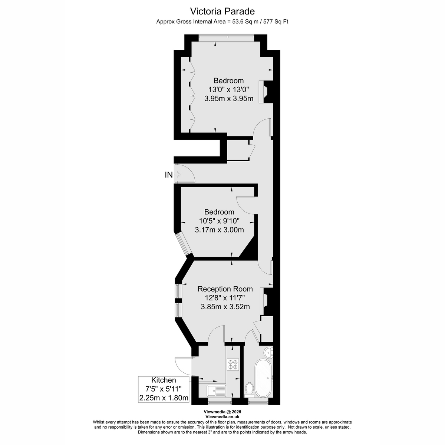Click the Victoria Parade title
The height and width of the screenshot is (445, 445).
tap(222, 11)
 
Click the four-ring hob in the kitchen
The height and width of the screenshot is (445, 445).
tap(233, 365)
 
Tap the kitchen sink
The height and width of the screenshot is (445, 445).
tap(216, 391)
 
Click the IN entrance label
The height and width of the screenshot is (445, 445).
tap(169, 175)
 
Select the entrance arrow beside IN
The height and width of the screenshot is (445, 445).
tap(177, 175)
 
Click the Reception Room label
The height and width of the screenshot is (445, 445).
tap(225, 289)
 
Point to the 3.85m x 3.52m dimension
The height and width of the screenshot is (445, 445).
tap(225, 307)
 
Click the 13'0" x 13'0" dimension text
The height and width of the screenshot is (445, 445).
tap(229, 89)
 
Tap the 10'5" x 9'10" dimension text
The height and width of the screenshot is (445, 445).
tap(219, 221)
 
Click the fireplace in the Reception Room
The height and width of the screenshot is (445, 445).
tap(265, 301)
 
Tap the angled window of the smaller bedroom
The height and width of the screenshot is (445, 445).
tap(184, 244)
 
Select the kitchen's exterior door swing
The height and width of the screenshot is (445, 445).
tap(183, 366)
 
